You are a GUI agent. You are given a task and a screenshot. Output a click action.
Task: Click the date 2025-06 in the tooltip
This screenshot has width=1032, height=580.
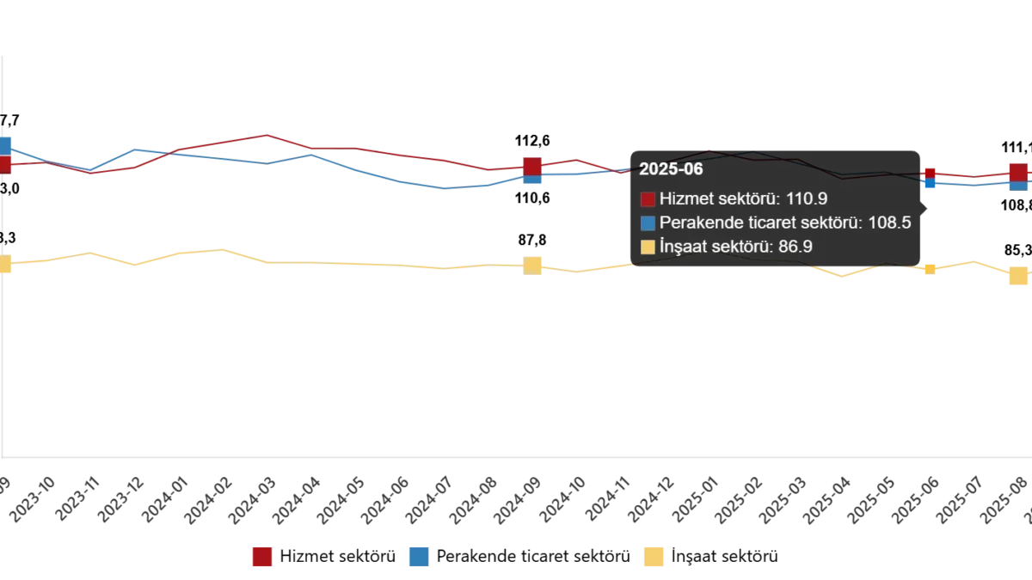coord(671,169)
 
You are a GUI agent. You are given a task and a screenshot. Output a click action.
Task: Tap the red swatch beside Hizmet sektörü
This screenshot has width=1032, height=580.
coord(648,199)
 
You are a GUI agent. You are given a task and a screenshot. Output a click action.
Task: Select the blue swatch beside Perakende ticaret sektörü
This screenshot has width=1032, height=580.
coord(648,223)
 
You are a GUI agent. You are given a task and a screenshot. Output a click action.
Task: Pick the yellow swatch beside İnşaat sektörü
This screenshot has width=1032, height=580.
coord(648,247)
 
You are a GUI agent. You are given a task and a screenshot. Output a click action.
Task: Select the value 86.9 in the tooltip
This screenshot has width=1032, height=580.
coord(795,247)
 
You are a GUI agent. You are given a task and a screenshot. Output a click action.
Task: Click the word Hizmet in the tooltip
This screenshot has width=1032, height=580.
coord(684,199)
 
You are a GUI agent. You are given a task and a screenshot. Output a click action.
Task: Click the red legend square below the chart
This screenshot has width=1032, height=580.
coord(261,557)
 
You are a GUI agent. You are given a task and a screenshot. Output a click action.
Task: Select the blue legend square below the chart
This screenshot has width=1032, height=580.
coord(419,557)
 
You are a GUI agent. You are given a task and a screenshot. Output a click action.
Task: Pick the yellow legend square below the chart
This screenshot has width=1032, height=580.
coord(654,557)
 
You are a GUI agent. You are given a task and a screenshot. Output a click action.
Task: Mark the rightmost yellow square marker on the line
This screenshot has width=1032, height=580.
coord(1018,276)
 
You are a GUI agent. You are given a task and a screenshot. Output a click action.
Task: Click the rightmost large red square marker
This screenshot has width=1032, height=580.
coord(1018,172)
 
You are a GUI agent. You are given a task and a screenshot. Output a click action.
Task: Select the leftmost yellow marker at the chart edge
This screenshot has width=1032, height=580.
coord(5,265)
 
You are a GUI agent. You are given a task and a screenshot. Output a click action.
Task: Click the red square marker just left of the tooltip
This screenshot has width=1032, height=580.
coord(532,166)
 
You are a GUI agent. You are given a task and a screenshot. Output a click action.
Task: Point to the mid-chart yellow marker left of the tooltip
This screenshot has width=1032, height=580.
coord(533,266)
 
